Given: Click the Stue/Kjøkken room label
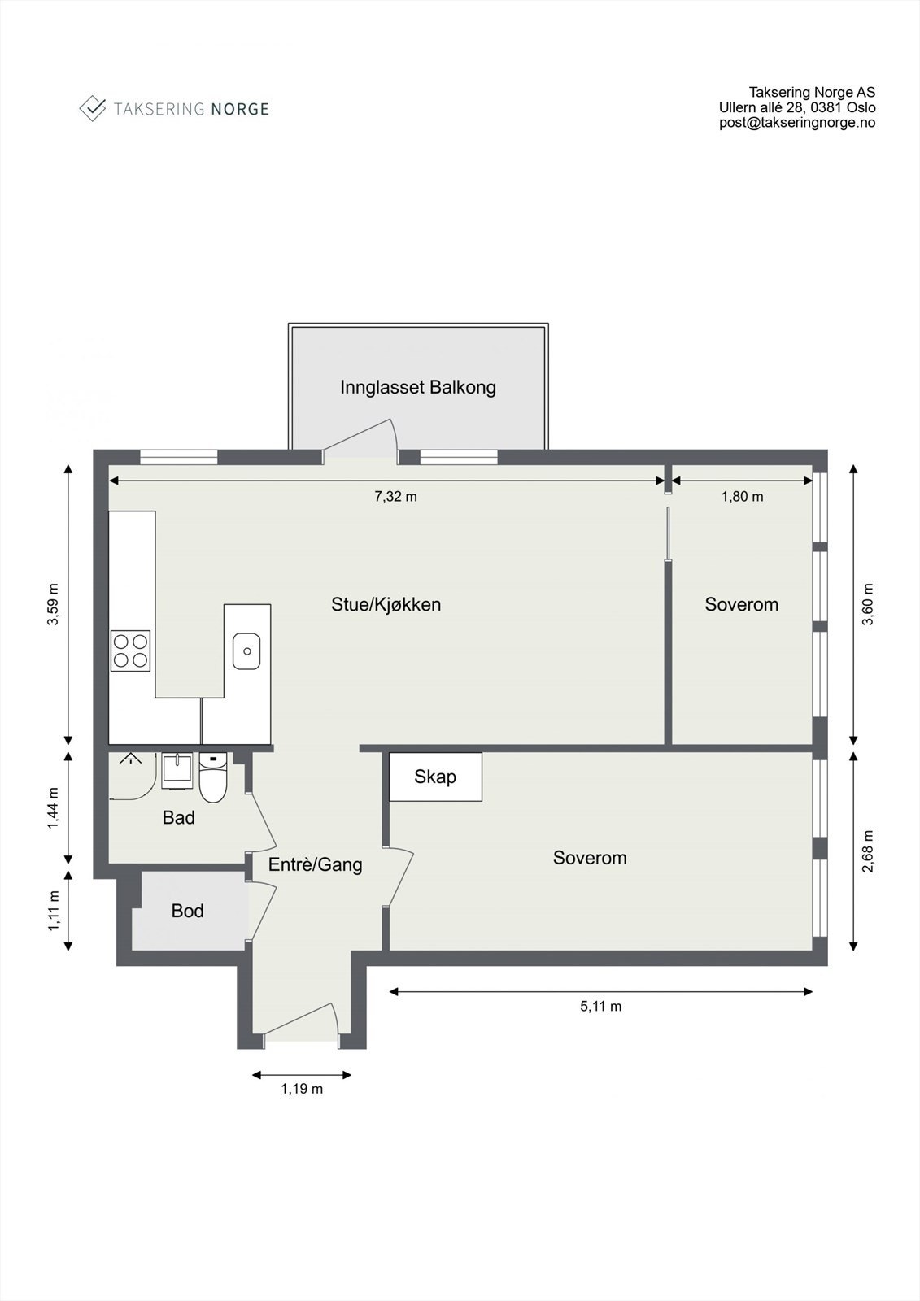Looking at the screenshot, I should point(386,604).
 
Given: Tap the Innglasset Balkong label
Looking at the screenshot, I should point(417,387).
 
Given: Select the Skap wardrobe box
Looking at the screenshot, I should point(435,777).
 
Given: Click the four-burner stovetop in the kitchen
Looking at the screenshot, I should point(130,650).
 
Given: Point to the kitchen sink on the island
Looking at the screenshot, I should point(246,650).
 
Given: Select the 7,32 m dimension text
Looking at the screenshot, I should point(395,496).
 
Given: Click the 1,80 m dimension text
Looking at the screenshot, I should point(742,496).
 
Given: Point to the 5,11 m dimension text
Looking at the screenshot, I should point(600,1006).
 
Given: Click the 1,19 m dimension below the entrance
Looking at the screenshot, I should point(302,1089).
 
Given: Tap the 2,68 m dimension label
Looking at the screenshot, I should point(868,851).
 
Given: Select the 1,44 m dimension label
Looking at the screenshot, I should point(54,809).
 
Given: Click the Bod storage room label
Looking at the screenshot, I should point(187,911).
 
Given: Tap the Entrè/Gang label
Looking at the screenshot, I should point(315,864).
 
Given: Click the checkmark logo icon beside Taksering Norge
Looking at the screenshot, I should point(93,108).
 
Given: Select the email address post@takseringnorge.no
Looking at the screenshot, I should point(796,123).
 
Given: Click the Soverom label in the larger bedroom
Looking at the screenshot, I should point(590,857).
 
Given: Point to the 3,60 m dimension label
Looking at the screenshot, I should point(868,604).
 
